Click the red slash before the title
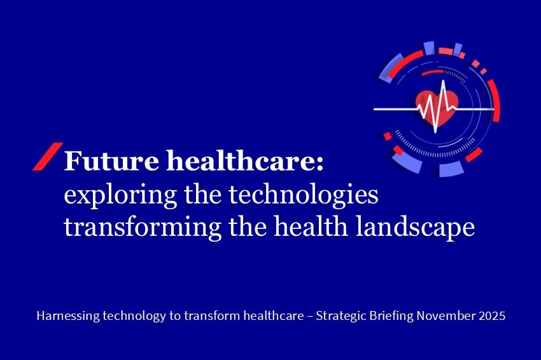coord(48,156)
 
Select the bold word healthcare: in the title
coord(245,160)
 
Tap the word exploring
coord(120,195)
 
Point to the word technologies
coord(303,195)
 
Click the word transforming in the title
coord(143,228)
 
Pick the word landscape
coord(415,227)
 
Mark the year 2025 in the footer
coord(492,315)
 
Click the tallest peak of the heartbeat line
coord(443,81)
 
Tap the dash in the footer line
coord(310,317)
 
